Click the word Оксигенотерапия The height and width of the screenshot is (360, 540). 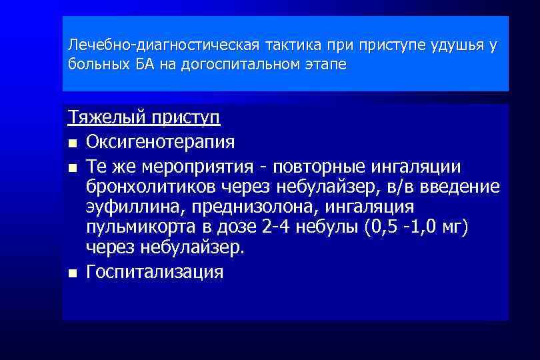pos(160,142)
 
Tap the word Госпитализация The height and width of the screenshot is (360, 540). pos(155,272)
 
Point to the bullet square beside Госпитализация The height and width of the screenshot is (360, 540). pos(72,273)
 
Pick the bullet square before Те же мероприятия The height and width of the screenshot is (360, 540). pos(72,167)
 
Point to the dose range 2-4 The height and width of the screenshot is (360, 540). pos(275,227)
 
